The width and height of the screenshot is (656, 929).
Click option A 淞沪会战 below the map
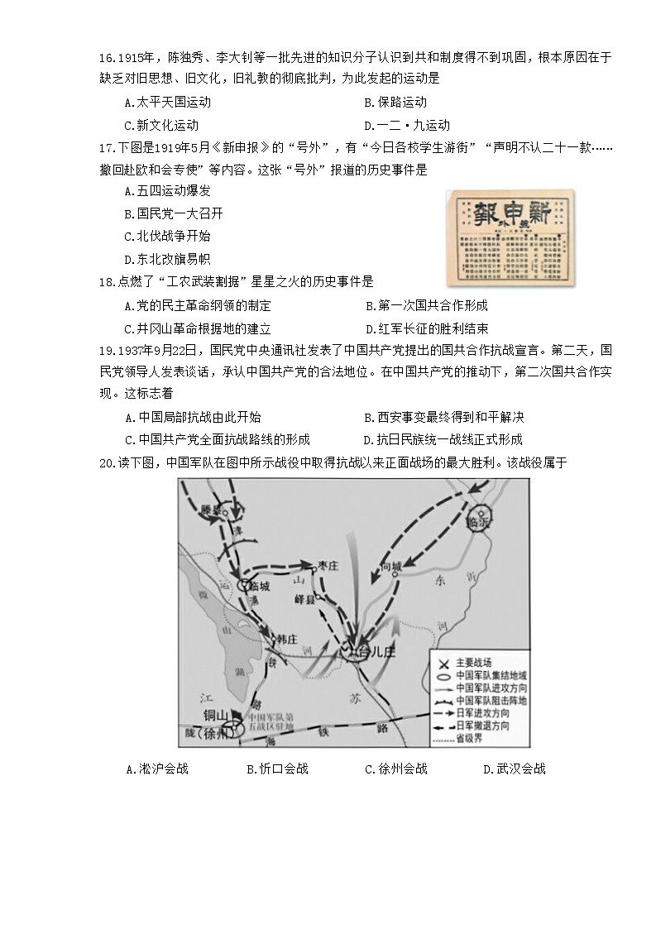point(157,769)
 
